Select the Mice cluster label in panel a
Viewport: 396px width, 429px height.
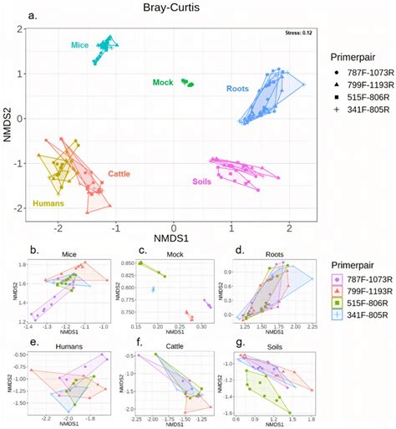pyautogui.click(x=79, y=45)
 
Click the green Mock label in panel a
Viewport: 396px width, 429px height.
pyautogui.click(x=163, y=83)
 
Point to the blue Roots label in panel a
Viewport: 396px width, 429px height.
pyautogui.click(x=238, y=89)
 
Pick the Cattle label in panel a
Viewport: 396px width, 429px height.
pyautogui.click(x=119, y=174)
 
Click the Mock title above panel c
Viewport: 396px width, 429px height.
pyautogui.click(x=172, y=250)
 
